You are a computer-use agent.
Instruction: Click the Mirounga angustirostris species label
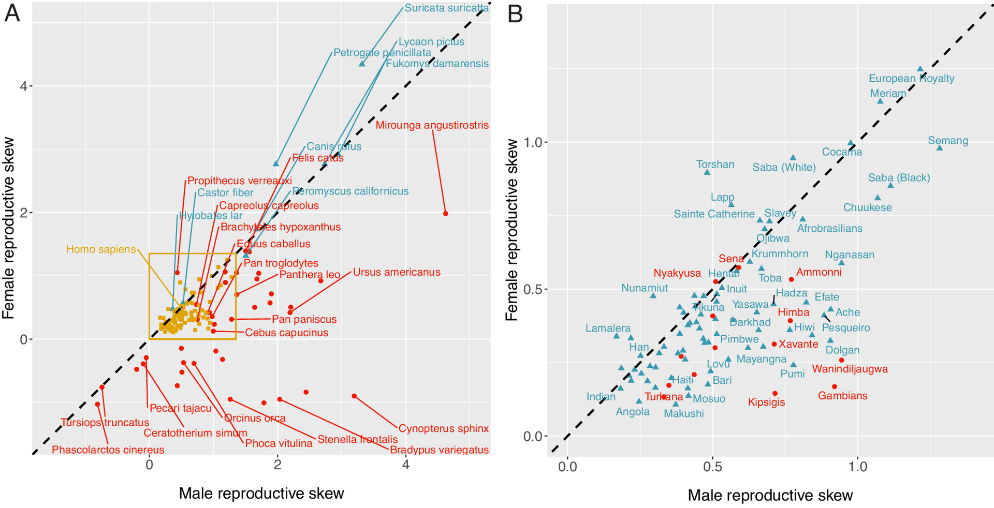tap(432, 125)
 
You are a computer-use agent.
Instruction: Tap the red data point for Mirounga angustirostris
tap(446, 214)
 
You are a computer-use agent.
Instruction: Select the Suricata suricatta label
tap(446, 8)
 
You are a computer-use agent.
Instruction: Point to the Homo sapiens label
tap(101, 249)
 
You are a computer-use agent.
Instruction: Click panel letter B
tap(516, 14)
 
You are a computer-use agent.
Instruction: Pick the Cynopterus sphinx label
tap(443, 428)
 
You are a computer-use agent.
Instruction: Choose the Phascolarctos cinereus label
tap(108, 450)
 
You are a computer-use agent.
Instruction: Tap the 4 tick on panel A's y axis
tap(23, 86)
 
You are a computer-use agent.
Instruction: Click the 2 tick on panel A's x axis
tap(277, 465)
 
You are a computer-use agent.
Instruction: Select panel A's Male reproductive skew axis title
tap(261, 494)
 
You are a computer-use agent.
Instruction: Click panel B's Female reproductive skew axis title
tap(512, 230)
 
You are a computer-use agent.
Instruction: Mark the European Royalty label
tap(911, 79)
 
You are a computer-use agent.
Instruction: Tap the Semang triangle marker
tap(940, 148)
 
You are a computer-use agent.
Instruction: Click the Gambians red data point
tap(834, 386)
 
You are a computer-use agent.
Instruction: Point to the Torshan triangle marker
tap(707, 172)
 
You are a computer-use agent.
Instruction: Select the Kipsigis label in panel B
tap(766, 402)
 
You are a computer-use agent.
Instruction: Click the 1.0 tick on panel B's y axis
tap(535, 142)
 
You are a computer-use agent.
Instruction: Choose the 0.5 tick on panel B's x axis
tap(712, 467)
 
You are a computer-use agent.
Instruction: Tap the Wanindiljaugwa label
tap(850, 369)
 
